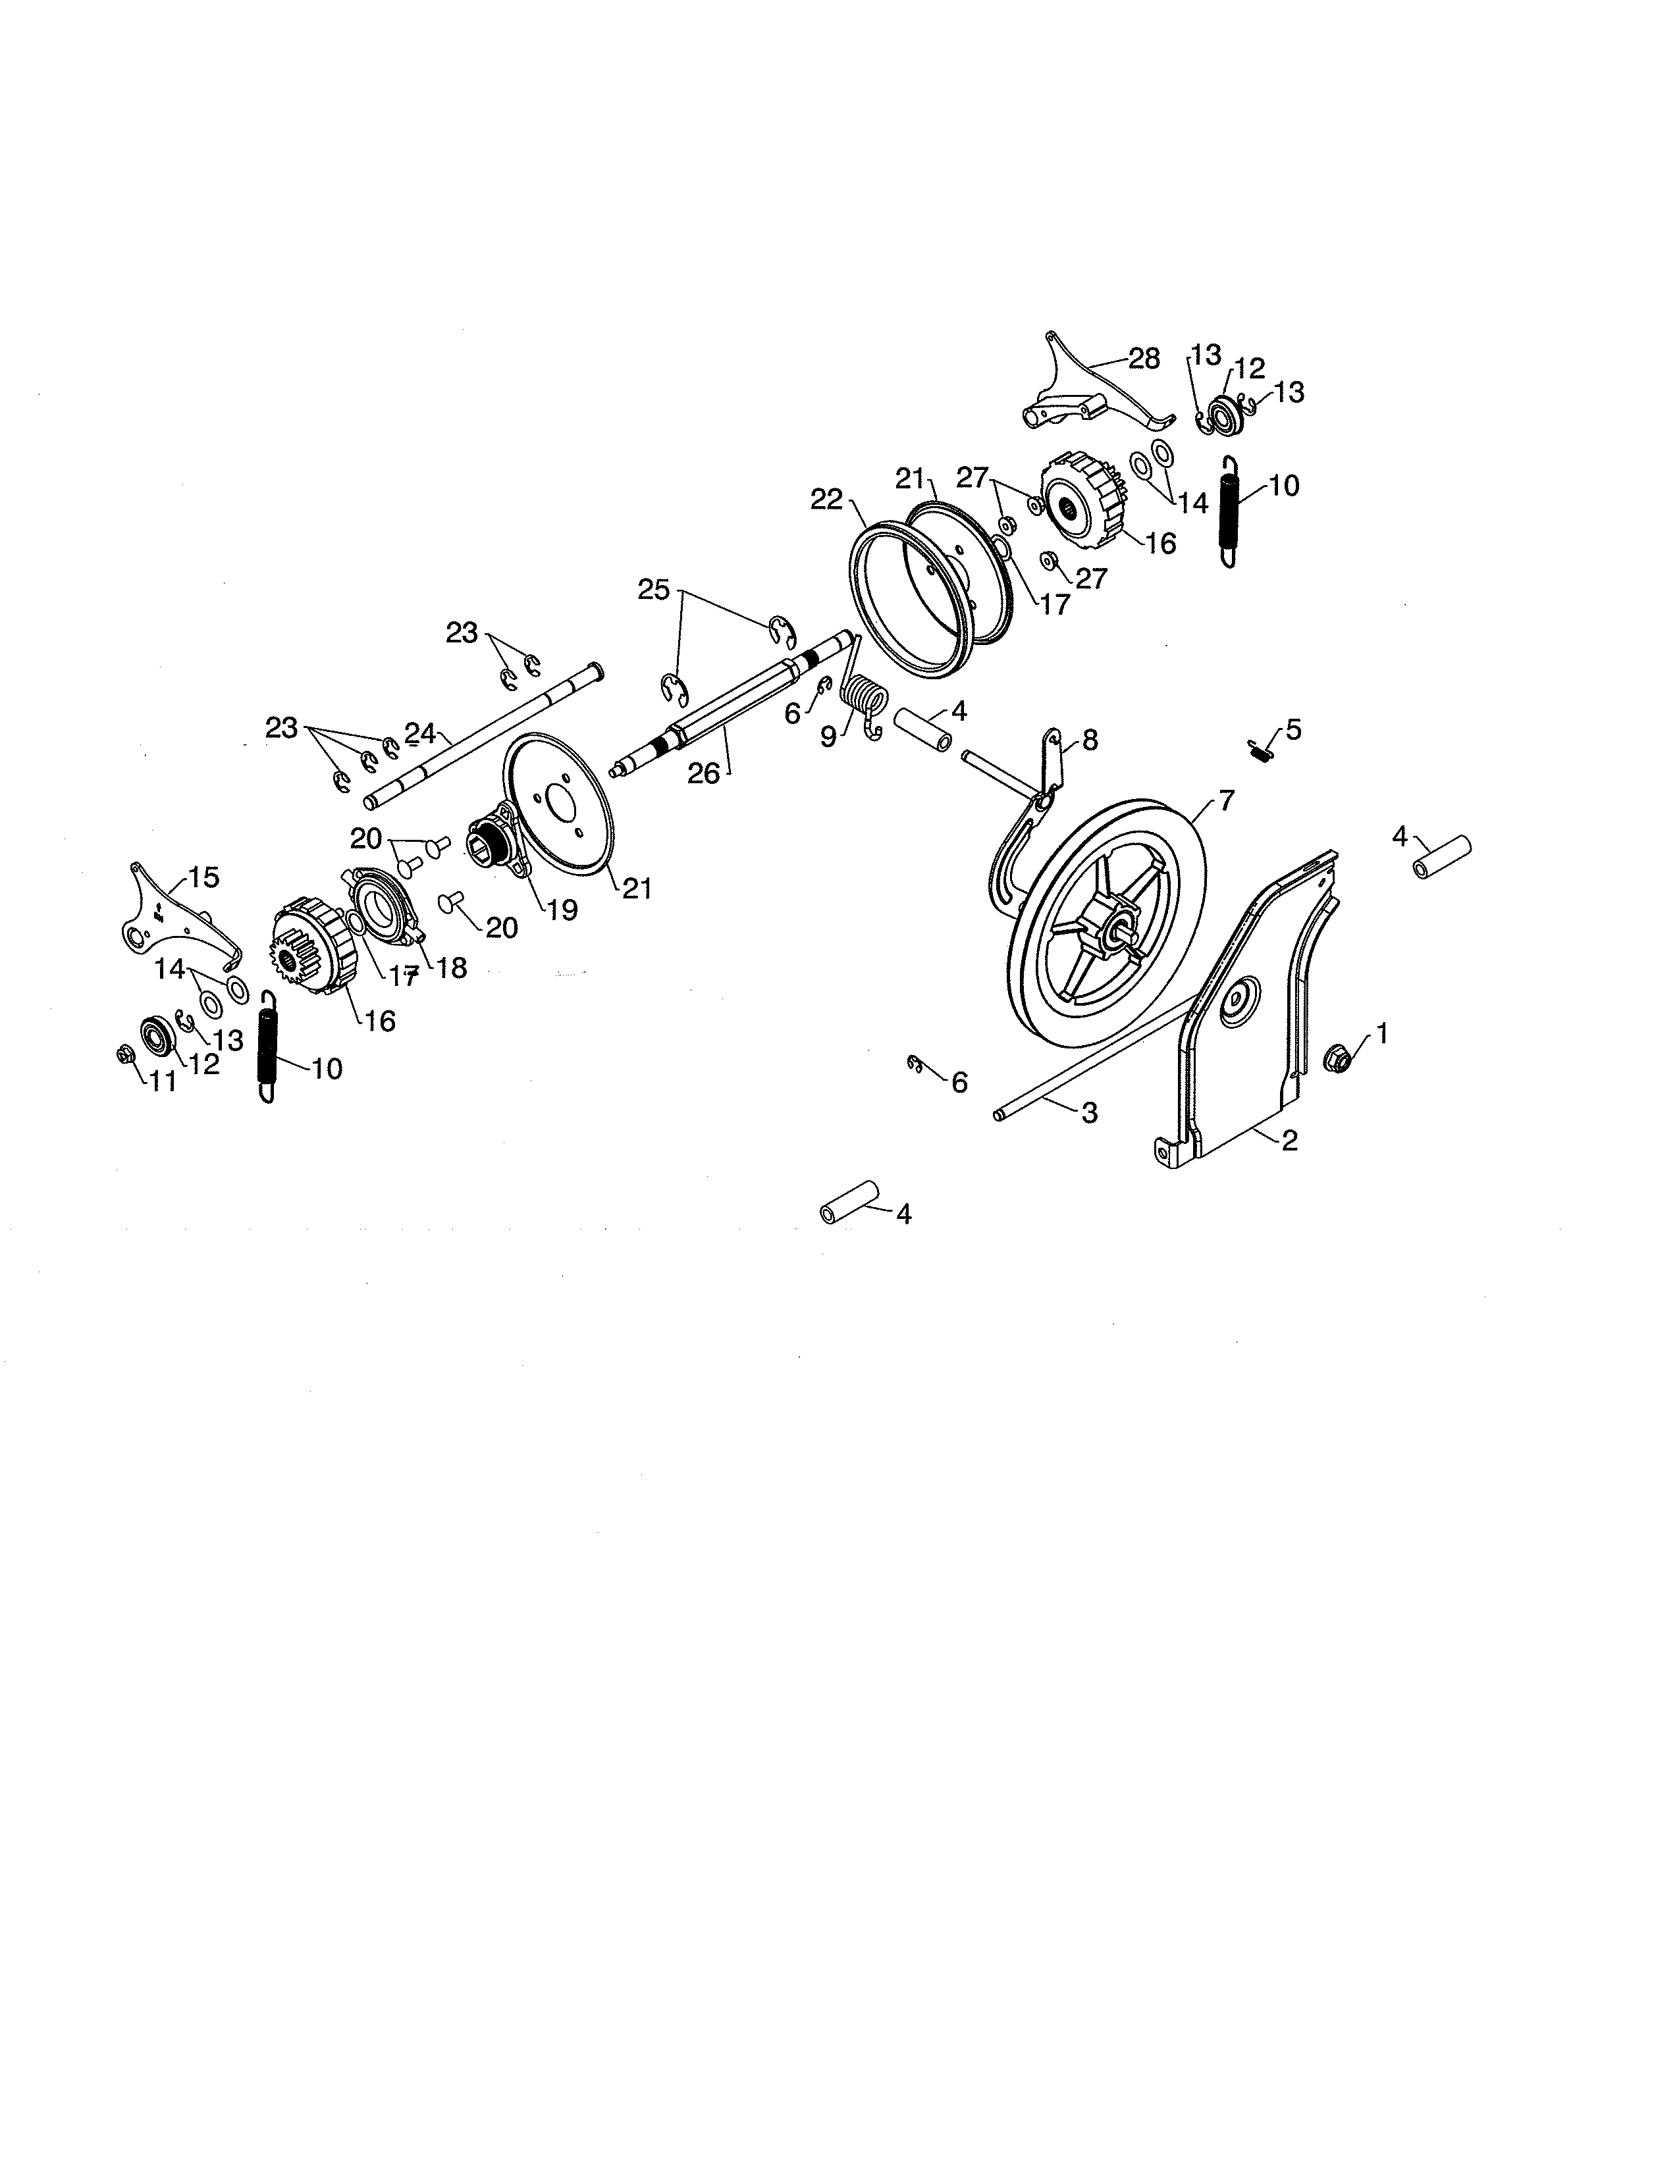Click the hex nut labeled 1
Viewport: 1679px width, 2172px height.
[1338, 1056]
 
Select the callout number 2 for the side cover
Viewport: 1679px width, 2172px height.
[1289, 1141]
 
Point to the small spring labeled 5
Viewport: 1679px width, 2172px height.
[1259, 751]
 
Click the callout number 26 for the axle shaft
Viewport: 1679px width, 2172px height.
[703, 773]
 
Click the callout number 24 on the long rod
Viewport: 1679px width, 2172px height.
[420, 734]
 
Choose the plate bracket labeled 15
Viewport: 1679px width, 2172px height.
[169, 920]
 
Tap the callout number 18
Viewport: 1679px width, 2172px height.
[452, 967]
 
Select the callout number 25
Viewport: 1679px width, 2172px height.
[654, 590]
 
